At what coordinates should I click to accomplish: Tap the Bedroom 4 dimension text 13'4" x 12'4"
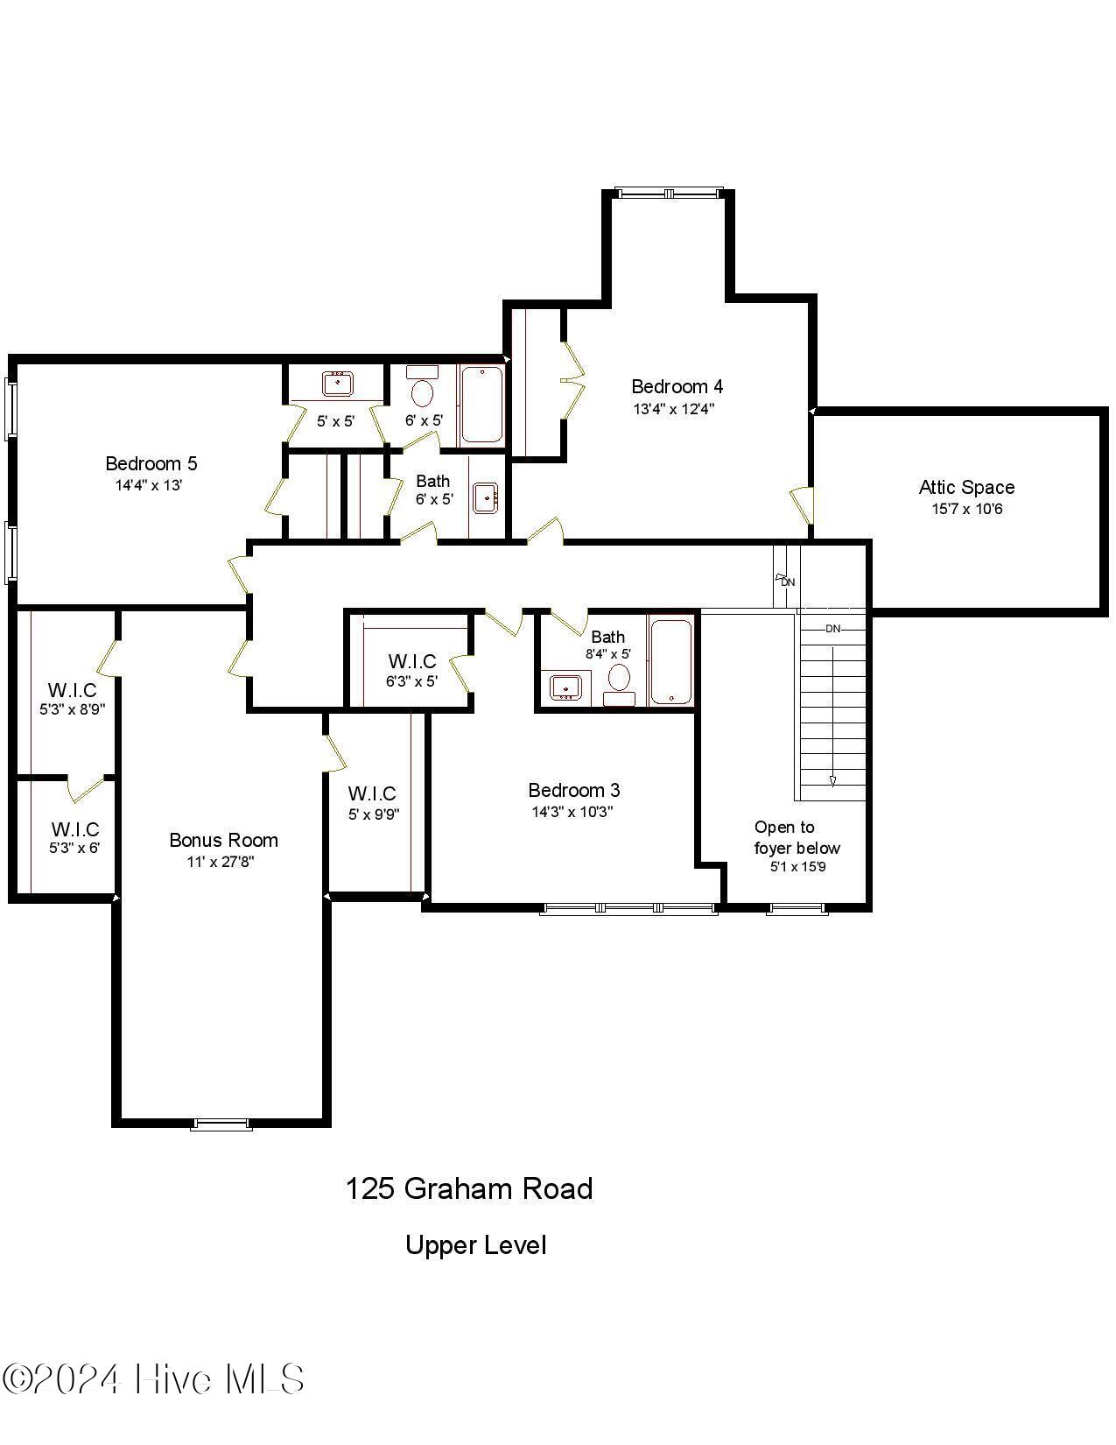click(x=674, y=408)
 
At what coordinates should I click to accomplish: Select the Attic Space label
click(x=966, y=487)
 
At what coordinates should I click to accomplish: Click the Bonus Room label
click(x=223, y=840)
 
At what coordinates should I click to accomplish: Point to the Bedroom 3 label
click(x=573, y=790)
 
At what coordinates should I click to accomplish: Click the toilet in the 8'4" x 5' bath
click(x=620, y=678)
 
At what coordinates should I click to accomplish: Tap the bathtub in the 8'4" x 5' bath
click(x=671, y=661)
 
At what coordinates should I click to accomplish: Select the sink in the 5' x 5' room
click(x=337, y=383)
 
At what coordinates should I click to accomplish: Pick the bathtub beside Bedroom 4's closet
click(x=481, y=405)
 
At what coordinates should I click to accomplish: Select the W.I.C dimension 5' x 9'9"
click(x=372, y=814)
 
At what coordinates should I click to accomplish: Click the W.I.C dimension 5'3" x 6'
click(x=74, y=848)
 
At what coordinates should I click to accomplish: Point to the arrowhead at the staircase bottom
click(x=832, y=780)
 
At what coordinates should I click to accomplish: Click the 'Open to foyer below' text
click(x=796, y=837)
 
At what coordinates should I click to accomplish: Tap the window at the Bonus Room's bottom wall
click(x=221, y=1124)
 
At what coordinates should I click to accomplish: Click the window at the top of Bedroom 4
click(x=670, y=193)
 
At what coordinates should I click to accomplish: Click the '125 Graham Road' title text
click(x=469, y=1188)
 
